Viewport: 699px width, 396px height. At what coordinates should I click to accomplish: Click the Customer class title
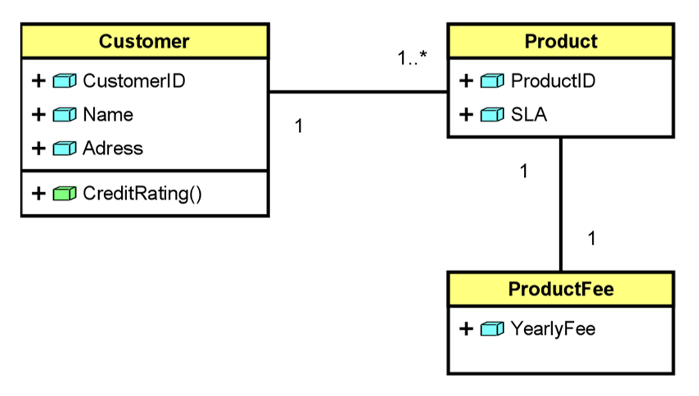(144, 41)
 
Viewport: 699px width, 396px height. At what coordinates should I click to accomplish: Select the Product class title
(561, 41)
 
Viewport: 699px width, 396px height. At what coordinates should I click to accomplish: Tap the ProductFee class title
(561, 289)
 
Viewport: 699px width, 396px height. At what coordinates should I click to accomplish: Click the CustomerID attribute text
(134, 80)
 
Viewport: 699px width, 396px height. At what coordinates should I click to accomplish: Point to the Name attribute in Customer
(108, 115)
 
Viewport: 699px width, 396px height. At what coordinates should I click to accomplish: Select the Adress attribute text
(113, 148)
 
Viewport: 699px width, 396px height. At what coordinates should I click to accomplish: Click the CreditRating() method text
(143, 193)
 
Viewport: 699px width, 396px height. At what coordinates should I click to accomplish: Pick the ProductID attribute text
(553, 80)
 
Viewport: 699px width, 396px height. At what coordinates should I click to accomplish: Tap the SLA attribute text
(529, 115)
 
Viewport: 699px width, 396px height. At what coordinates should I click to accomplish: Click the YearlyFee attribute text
(553, 329)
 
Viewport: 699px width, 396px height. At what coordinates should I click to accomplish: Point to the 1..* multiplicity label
(413, 59)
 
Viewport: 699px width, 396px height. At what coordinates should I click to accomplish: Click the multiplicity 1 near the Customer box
(298, 127)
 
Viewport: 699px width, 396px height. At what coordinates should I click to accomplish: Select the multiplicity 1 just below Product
(524, 172)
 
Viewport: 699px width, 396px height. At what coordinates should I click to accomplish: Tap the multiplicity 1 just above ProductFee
(592, 239)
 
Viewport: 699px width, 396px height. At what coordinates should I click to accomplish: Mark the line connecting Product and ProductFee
(561, 204)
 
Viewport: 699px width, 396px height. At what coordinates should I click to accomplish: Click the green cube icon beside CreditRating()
(65, 193)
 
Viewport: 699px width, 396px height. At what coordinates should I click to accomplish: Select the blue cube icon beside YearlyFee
(492, 329)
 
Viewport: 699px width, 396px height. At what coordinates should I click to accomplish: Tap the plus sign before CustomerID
(38, 80)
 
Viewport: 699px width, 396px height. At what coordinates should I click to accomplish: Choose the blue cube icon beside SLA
(492, 115)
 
